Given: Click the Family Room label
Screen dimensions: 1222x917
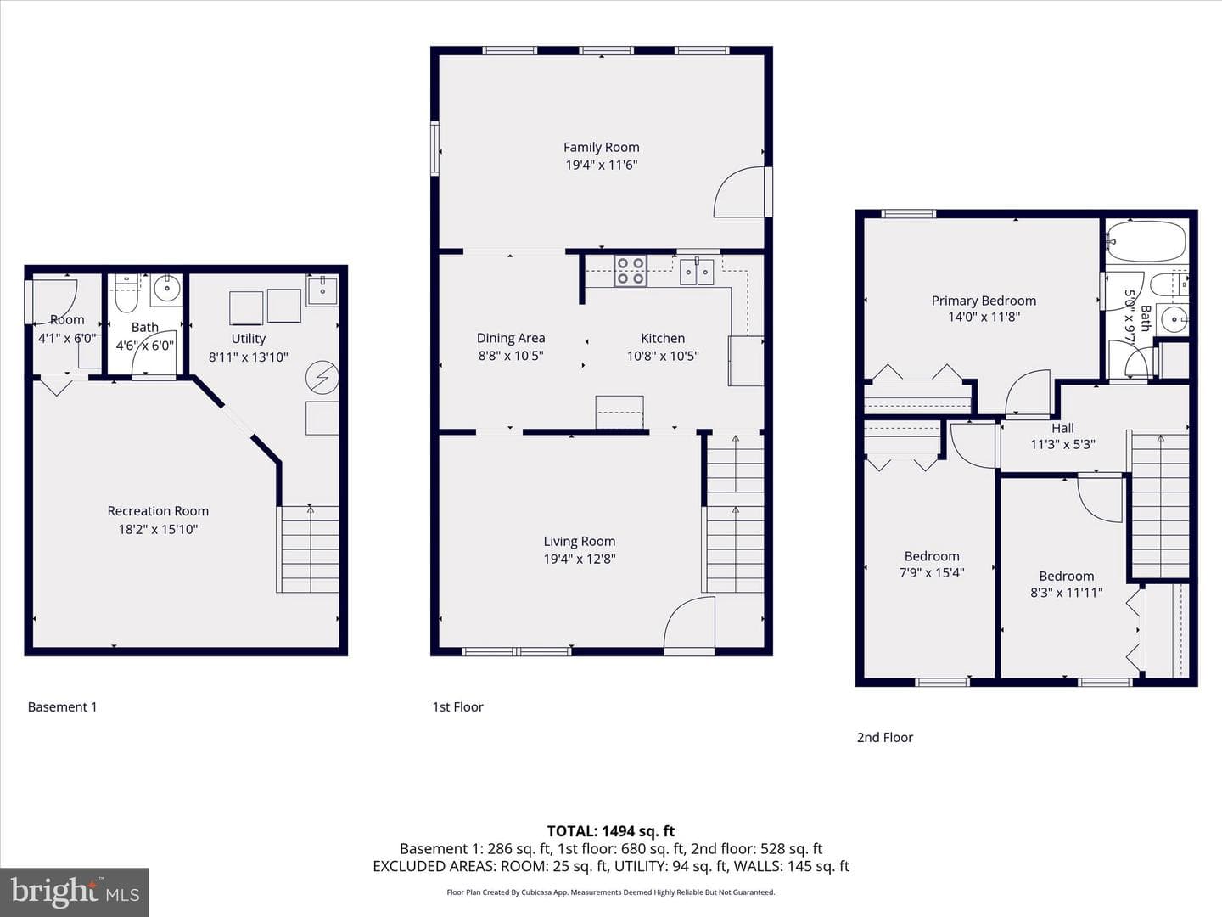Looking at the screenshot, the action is (x=602, y=148).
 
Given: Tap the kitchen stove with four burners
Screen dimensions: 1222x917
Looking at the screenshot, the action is (x=631, y=271).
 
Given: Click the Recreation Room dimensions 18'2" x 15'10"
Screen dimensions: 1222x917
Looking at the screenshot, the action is (x=158, y=529).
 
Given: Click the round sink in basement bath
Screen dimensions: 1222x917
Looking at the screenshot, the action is (x=166, y=289).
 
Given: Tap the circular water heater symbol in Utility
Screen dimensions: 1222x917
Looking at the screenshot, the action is (x=322, y=378).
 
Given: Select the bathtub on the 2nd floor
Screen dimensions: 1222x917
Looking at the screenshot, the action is (x=1146, y=242).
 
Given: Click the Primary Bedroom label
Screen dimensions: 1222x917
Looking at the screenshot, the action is (x=984, y=301).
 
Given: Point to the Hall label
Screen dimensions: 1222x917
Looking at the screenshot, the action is (x=1062, y=428).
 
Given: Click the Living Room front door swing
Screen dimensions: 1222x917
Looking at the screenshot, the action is (x=690, y=622).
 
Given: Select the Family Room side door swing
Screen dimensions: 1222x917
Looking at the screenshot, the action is (x=740, y=192).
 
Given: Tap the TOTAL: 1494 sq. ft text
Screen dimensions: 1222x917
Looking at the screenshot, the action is (x=611, y=831).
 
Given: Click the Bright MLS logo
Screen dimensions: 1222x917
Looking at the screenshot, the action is (x=75, y=892).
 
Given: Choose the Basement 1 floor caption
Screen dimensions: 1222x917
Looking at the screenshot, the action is (x=62, y=707).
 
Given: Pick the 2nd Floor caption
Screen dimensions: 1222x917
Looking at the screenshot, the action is (x=885, y=738).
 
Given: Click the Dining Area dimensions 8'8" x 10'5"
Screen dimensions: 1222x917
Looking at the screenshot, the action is (x=511, y=356).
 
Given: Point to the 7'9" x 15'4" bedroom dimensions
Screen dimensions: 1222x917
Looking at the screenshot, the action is (x=932, y=572).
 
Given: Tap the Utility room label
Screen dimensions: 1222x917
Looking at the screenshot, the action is (x=249, y=339).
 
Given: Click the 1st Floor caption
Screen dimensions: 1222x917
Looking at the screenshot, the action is (x=457, y=707).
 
